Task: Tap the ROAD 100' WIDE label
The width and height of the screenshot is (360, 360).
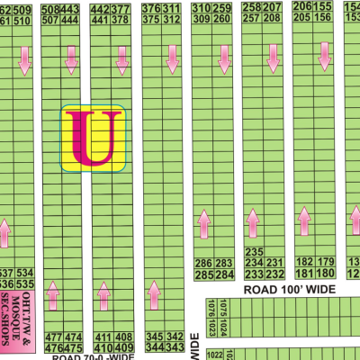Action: (x=290, y=290)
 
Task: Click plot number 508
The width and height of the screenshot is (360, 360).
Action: (x=51, y=9)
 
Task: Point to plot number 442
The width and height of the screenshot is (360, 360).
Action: (x=101, y=9)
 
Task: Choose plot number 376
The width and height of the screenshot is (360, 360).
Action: (x=152, y=9)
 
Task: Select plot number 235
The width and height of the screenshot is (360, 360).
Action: (x=253, y=252)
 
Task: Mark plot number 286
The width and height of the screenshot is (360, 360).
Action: (x=202, y=263)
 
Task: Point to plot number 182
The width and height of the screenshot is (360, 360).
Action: (x=303, y=262)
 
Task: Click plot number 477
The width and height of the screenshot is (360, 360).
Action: (x=51, y=337)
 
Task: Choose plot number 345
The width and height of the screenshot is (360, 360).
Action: (x=153, y=337)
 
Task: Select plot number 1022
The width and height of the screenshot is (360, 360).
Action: (x=212, y=355)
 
